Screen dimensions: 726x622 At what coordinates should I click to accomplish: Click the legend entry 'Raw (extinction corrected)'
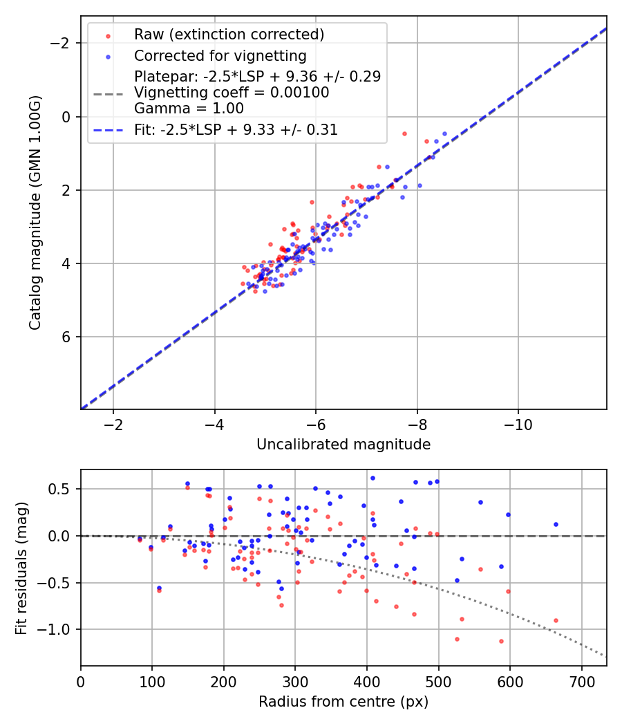(229, 35)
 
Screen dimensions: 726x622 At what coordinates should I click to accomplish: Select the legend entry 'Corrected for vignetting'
(220, 55)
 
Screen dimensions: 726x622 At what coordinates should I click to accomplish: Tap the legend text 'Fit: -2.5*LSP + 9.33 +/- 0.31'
(236, 129)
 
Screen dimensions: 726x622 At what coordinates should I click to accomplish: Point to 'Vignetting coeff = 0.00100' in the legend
(232, 92)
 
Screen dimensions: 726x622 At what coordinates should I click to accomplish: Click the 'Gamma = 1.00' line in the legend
(189, 109)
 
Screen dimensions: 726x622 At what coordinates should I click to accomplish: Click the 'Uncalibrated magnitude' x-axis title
(343, 445)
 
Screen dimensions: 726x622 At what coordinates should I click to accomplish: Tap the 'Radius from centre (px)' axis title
(343, 702)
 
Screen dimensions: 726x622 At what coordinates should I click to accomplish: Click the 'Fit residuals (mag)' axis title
(21, 568)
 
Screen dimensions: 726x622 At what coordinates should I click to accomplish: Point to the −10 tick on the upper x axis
(518, 425)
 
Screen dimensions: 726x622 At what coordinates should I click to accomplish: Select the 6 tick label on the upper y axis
(67, 337)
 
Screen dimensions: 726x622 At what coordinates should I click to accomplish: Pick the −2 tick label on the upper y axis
(63, 44)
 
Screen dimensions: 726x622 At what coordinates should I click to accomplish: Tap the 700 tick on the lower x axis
(581, 681)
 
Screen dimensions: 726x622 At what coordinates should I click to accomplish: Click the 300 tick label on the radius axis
(295, 681)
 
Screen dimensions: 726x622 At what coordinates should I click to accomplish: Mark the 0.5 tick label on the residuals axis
(64, 489)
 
